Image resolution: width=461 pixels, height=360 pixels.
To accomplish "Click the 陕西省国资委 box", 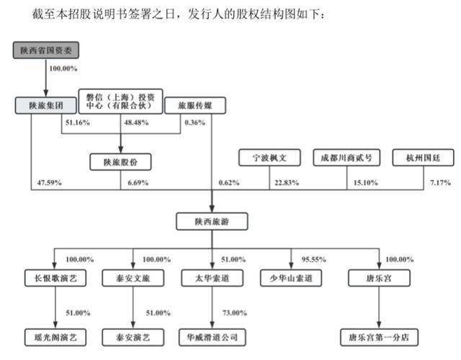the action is pos(46,50).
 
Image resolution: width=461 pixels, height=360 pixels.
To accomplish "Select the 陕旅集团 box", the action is pos(46,105).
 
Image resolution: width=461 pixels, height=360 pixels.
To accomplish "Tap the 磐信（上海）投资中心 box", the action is pos(120,102).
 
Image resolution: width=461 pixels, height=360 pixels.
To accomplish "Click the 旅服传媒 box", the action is pos(195,105).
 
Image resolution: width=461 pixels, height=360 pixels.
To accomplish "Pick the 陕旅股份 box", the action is pos(120,162).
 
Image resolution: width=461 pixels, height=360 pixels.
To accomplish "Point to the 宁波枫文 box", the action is pos(269,158).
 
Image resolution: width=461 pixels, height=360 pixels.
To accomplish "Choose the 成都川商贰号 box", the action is pos(346,158).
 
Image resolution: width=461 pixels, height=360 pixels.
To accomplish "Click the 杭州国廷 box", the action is pos(424,158).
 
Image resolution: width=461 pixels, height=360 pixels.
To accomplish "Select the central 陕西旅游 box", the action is pos(212,222).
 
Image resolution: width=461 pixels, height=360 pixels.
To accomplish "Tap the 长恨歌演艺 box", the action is pos(55,278).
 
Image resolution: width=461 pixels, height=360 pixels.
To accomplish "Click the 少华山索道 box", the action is pos(291,278).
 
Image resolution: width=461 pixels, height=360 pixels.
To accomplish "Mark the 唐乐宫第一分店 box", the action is pos(379,338).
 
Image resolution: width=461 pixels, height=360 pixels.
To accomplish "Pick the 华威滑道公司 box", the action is pos(212,338).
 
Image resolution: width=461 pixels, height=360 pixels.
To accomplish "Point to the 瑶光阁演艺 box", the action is pos(55,338).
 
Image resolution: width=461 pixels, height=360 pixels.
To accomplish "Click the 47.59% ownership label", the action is pos(50,182).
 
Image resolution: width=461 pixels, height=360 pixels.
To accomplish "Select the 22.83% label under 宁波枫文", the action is pos(287,182).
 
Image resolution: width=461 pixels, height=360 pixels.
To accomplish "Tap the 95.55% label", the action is pos(314,259).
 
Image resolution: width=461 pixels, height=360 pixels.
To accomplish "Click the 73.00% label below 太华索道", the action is pos(235,313).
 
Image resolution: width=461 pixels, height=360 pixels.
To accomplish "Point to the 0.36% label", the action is pos(195,122).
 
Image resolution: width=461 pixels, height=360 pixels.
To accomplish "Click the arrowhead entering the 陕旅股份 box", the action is pos(120,149).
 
